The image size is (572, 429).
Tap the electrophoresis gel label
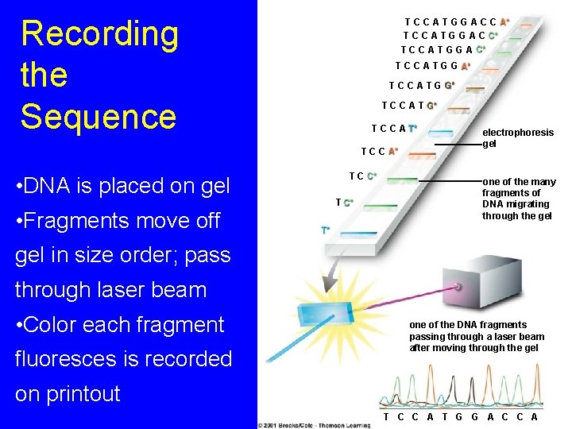pos(517,138)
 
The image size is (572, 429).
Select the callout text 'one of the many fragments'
pos(518,199)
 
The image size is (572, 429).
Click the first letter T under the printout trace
pos(386,417)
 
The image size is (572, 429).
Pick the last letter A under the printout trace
pos(534,417)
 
